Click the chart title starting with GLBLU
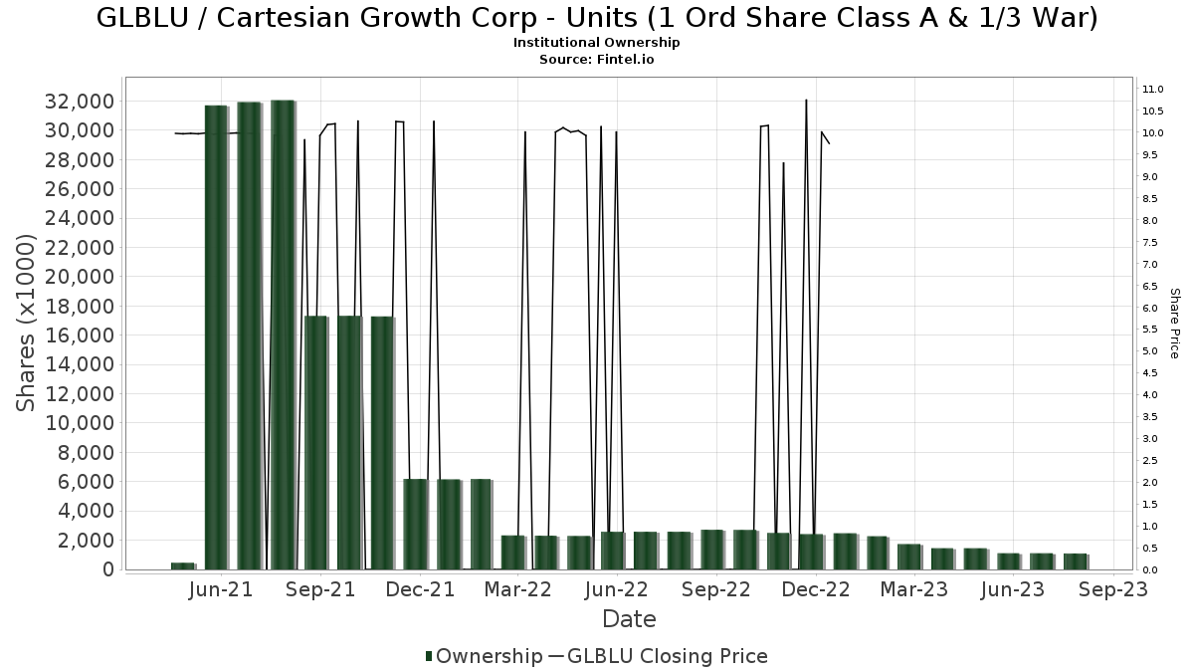coord(597,18)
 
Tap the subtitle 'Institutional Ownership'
coord(597,43)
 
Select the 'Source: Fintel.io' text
coord(597,59)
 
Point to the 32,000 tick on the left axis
coord(78,102)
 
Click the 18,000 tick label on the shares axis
coord(78,306)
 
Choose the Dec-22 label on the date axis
coord(816,590)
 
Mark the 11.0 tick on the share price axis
coord(1153,90)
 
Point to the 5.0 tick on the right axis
coord(1150,351)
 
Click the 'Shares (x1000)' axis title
coord(28,324)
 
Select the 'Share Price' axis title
coord(1174,324)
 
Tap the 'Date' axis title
coord(629,619)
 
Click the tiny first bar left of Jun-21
coord(182,565)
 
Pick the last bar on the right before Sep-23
coord(1075,561)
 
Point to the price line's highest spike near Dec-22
coord(806,101)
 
